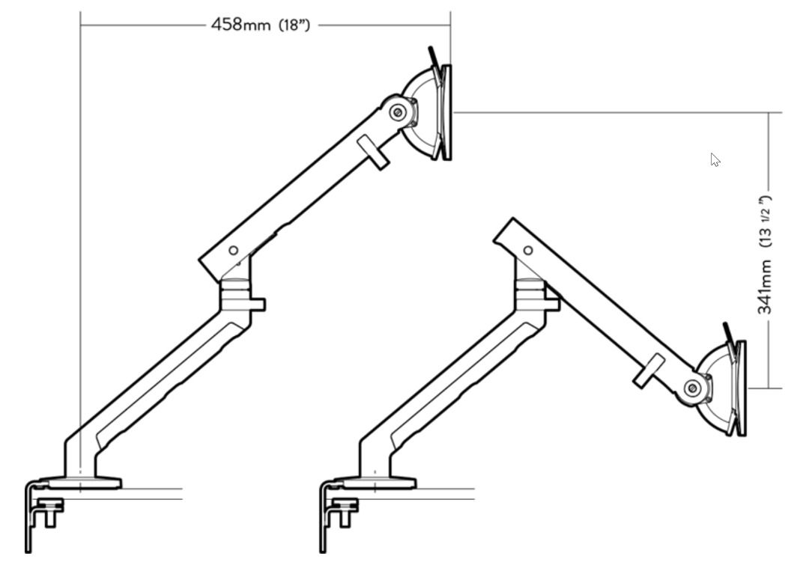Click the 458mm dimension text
[239, 25]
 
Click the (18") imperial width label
[294, 25]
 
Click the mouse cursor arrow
[715, 159]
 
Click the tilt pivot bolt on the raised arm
[399, 113]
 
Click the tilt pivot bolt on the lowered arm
[693, 388]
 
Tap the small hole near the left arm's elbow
[233, 251]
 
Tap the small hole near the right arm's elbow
[528, 251]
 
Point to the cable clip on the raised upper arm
[372, 152]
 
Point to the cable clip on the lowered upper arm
[648, 371]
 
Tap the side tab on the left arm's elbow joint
[258, 305]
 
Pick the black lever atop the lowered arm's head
[727, 333]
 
